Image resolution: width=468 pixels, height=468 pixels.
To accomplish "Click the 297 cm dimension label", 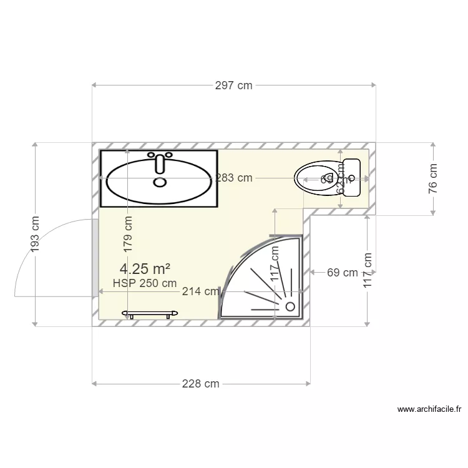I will pyautogui.click(x=233, y=85).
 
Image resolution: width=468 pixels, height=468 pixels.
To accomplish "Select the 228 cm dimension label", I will pyautogui.click(x=201, y=384).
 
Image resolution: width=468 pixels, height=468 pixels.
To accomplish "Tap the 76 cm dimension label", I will pyautogui.click(x=433, y=179).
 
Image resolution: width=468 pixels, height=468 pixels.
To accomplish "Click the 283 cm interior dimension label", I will pyautogui.click(x=234, y=178).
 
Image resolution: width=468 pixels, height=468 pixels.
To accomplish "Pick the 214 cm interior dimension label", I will pyautogui.click(x=200, y=291).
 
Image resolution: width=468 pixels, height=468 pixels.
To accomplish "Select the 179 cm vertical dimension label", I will pyautogui.click(x=128, y=234).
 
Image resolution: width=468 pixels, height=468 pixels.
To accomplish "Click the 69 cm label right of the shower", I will pyautogui.click(x=343, y=272).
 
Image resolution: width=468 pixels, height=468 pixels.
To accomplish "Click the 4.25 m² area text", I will pyautogui.click(x=145, y=269).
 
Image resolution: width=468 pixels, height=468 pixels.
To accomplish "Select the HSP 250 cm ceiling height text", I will pyautogui.click(x=145, y=283).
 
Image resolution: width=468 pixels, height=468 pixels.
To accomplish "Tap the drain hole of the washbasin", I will pyautogui.click(x=160, y=182).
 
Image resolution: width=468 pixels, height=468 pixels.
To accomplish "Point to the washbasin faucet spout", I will pyautogui.click(x=160, y=165).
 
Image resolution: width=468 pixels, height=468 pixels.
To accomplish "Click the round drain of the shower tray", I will pyautogui.click(x=290, y=306).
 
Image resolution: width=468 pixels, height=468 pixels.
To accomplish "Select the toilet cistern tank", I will pyautogui.click(x=351, y=178).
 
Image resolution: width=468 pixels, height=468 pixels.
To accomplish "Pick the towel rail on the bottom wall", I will pyautogui.click(x=151, y=313).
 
